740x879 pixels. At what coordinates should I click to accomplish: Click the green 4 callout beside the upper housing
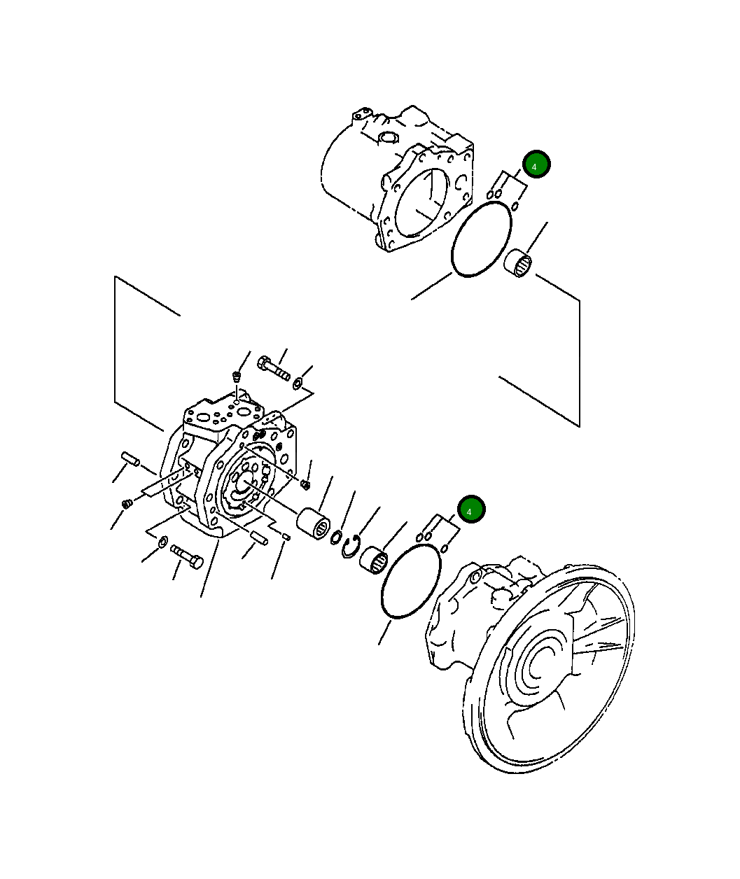point(536,164)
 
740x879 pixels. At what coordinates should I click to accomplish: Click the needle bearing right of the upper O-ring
point(519,262)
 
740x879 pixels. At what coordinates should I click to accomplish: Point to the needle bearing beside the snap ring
point(374,560)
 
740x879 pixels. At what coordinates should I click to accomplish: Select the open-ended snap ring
point(350,547)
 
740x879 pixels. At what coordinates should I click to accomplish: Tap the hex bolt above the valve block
point(274,368)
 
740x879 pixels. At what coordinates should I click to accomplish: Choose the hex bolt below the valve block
point(187,556)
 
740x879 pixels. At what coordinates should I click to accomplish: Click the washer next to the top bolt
point(298,382)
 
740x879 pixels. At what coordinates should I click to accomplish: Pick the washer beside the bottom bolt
point(162,541)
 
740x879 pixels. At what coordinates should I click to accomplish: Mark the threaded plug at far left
point(127,503)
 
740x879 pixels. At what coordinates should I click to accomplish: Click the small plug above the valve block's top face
point(237,377)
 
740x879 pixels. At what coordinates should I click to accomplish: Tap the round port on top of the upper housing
point(387,137)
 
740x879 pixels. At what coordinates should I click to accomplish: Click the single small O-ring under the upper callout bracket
point(515,206)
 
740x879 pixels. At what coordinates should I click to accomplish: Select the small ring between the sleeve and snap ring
point(336,537)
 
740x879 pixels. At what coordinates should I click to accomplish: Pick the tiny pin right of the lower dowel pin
point(286,537)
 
